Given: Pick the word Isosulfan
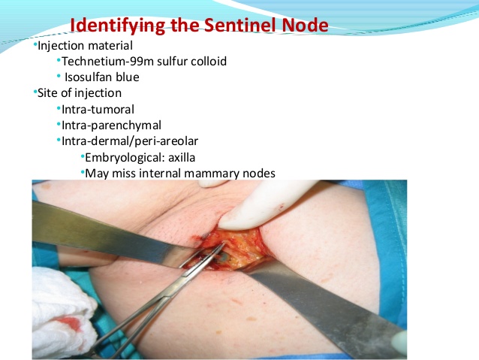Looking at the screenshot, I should click(90, 77).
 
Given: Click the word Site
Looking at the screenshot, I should click(50, 93).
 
